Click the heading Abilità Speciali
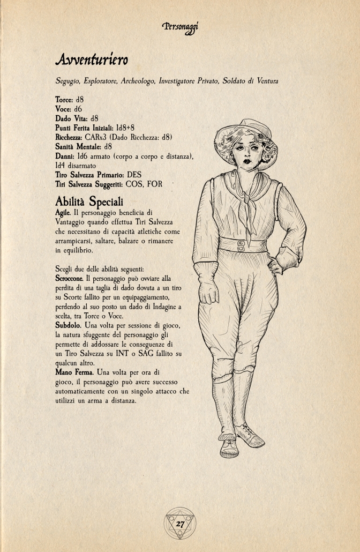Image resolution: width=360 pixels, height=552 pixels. [x=89, y=202]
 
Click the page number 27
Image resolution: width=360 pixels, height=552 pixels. [x=180, y=524]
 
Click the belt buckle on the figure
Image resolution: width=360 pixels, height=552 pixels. [x=241, y=245]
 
